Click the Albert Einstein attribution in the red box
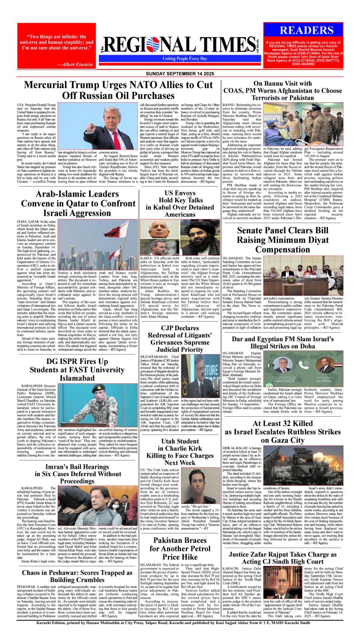(75, 64)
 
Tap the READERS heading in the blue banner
(307, 31)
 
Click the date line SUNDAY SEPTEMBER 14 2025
(180, 74)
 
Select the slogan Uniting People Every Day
(185, 59)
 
